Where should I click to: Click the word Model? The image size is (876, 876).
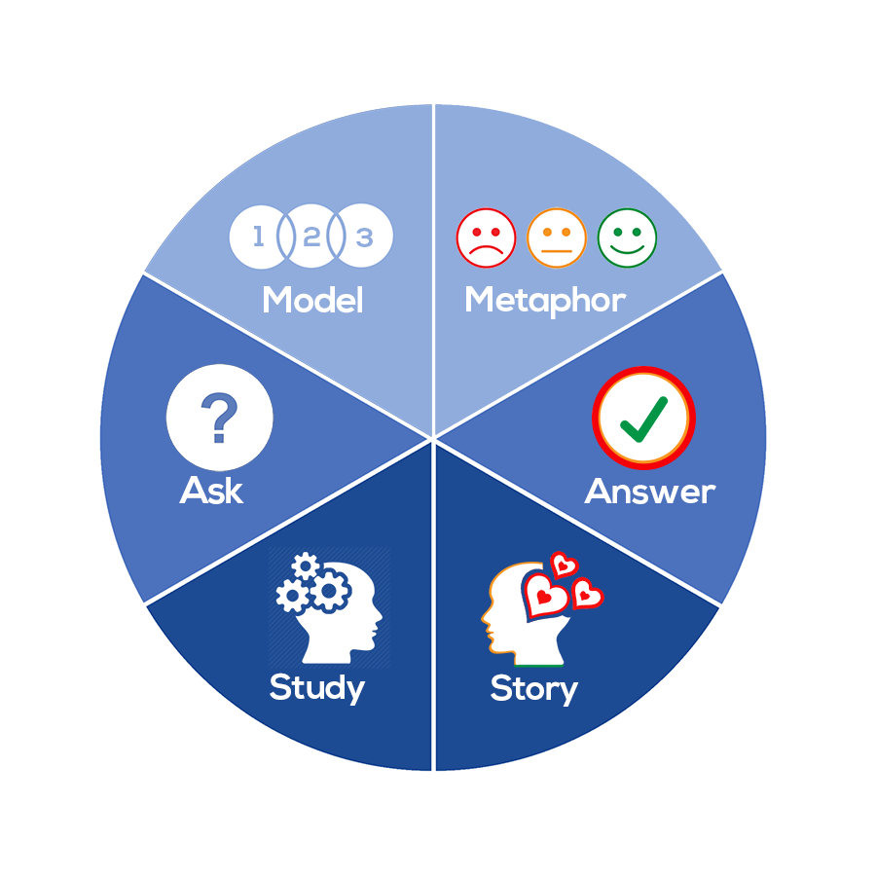(x=312, y=300)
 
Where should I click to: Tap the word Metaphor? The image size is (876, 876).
(x=545, y=300)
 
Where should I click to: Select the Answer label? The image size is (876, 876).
(x=649, y=492)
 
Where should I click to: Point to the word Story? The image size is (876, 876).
(x=533, y=688)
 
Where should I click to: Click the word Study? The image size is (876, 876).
(x=316, y=687)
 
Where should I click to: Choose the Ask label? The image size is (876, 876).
(x=211, y=491)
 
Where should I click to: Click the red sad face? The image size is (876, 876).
(x=486, y=237)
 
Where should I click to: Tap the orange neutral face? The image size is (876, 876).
(x=557, y=237)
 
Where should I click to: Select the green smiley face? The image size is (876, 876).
(x=627, y=237)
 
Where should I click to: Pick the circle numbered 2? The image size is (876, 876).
(x=311, y=237)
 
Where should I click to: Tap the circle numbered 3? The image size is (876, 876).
(x=365, y=237)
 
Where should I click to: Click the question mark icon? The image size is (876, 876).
(x=219, y=420)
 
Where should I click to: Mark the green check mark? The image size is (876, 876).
(x=644, y=418)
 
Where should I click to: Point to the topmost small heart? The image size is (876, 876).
(x=563, y=565)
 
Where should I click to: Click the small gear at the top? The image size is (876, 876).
(x=305, y=566)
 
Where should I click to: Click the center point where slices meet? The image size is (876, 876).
(x=433, y=437)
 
